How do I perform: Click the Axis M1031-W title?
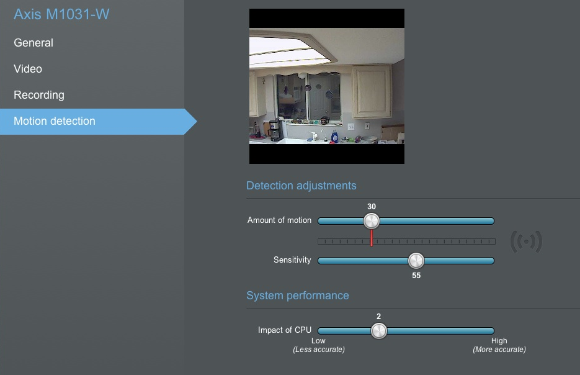(x=61, y=14)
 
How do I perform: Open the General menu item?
(x=33, y=43)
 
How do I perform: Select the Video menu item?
(x=28, y=69)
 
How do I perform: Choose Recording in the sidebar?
(x=39, y=95)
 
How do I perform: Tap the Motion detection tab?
(x=55, y=121)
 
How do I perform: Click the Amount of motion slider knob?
(x=372, y=221)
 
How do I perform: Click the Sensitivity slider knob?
(x=416, y=261)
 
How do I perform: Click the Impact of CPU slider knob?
(x=379, y=331)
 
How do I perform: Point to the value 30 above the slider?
(x=372, y=207)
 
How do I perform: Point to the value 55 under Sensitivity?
(x=416, y=276)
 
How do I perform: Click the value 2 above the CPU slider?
(x=378, y=317)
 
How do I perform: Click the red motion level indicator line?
(x=372, y=238)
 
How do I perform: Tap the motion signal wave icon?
(x=526, y=242)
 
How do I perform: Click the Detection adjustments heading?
(x=301, y=186)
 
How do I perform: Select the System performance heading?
(x=297, y=296)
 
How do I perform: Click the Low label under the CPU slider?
(x=318, y=341)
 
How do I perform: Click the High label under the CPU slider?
(x=499, y=341)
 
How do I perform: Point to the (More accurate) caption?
(x=499, y=350)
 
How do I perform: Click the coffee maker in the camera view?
(x=274, y=130)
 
